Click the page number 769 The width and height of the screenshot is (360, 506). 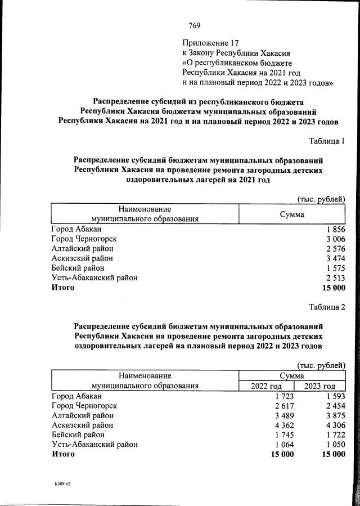click(x=194, y=25)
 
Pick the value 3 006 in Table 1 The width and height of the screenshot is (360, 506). click(x=335, y=239)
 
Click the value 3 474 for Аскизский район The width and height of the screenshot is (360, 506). click(x=335, y=258)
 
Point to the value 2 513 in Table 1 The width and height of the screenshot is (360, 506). click(x=335, y=277)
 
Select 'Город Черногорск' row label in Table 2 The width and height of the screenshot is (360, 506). click(x=84, y=406)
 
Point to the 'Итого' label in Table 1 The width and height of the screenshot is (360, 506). click(x=62, y=287)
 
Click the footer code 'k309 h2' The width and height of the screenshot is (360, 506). click(x=62, y=483)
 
